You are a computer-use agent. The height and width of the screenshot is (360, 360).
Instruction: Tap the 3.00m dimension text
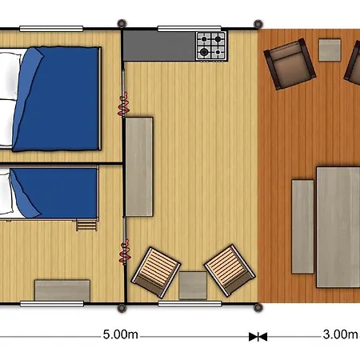(340, 335)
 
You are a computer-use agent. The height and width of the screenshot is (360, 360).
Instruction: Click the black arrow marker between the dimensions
(258, 337)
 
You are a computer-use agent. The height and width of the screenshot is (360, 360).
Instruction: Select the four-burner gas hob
(212, 45)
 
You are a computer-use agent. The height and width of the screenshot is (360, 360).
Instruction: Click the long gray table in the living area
(138, 166)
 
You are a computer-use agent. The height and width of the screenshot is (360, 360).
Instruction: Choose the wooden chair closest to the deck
(230, 268)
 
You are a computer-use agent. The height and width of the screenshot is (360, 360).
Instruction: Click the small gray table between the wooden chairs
(193, 285)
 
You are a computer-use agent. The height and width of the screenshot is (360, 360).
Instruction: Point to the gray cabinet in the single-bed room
(62, 290)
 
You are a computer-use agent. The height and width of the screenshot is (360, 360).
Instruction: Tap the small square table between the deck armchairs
(330, 50)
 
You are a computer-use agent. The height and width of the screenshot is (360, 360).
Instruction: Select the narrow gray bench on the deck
(302, 226)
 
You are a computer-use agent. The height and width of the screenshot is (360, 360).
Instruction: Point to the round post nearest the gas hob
(257, 23)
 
